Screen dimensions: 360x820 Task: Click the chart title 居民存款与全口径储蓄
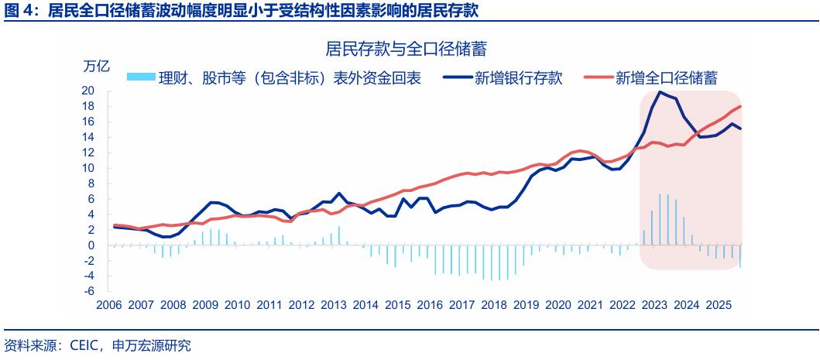click(411, 50)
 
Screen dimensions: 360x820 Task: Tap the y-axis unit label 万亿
click(98, 66)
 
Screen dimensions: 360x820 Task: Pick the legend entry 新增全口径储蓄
click(665, 78)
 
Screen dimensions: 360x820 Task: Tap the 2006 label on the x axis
click(110, 305)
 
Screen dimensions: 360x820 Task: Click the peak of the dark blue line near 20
click(660, 92)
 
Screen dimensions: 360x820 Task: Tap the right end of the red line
click(740, 106)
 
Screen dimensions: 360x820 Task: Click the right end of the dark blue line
click(740, 129)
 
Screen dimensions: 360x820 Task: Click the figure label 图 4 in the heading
click(17, 9)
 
